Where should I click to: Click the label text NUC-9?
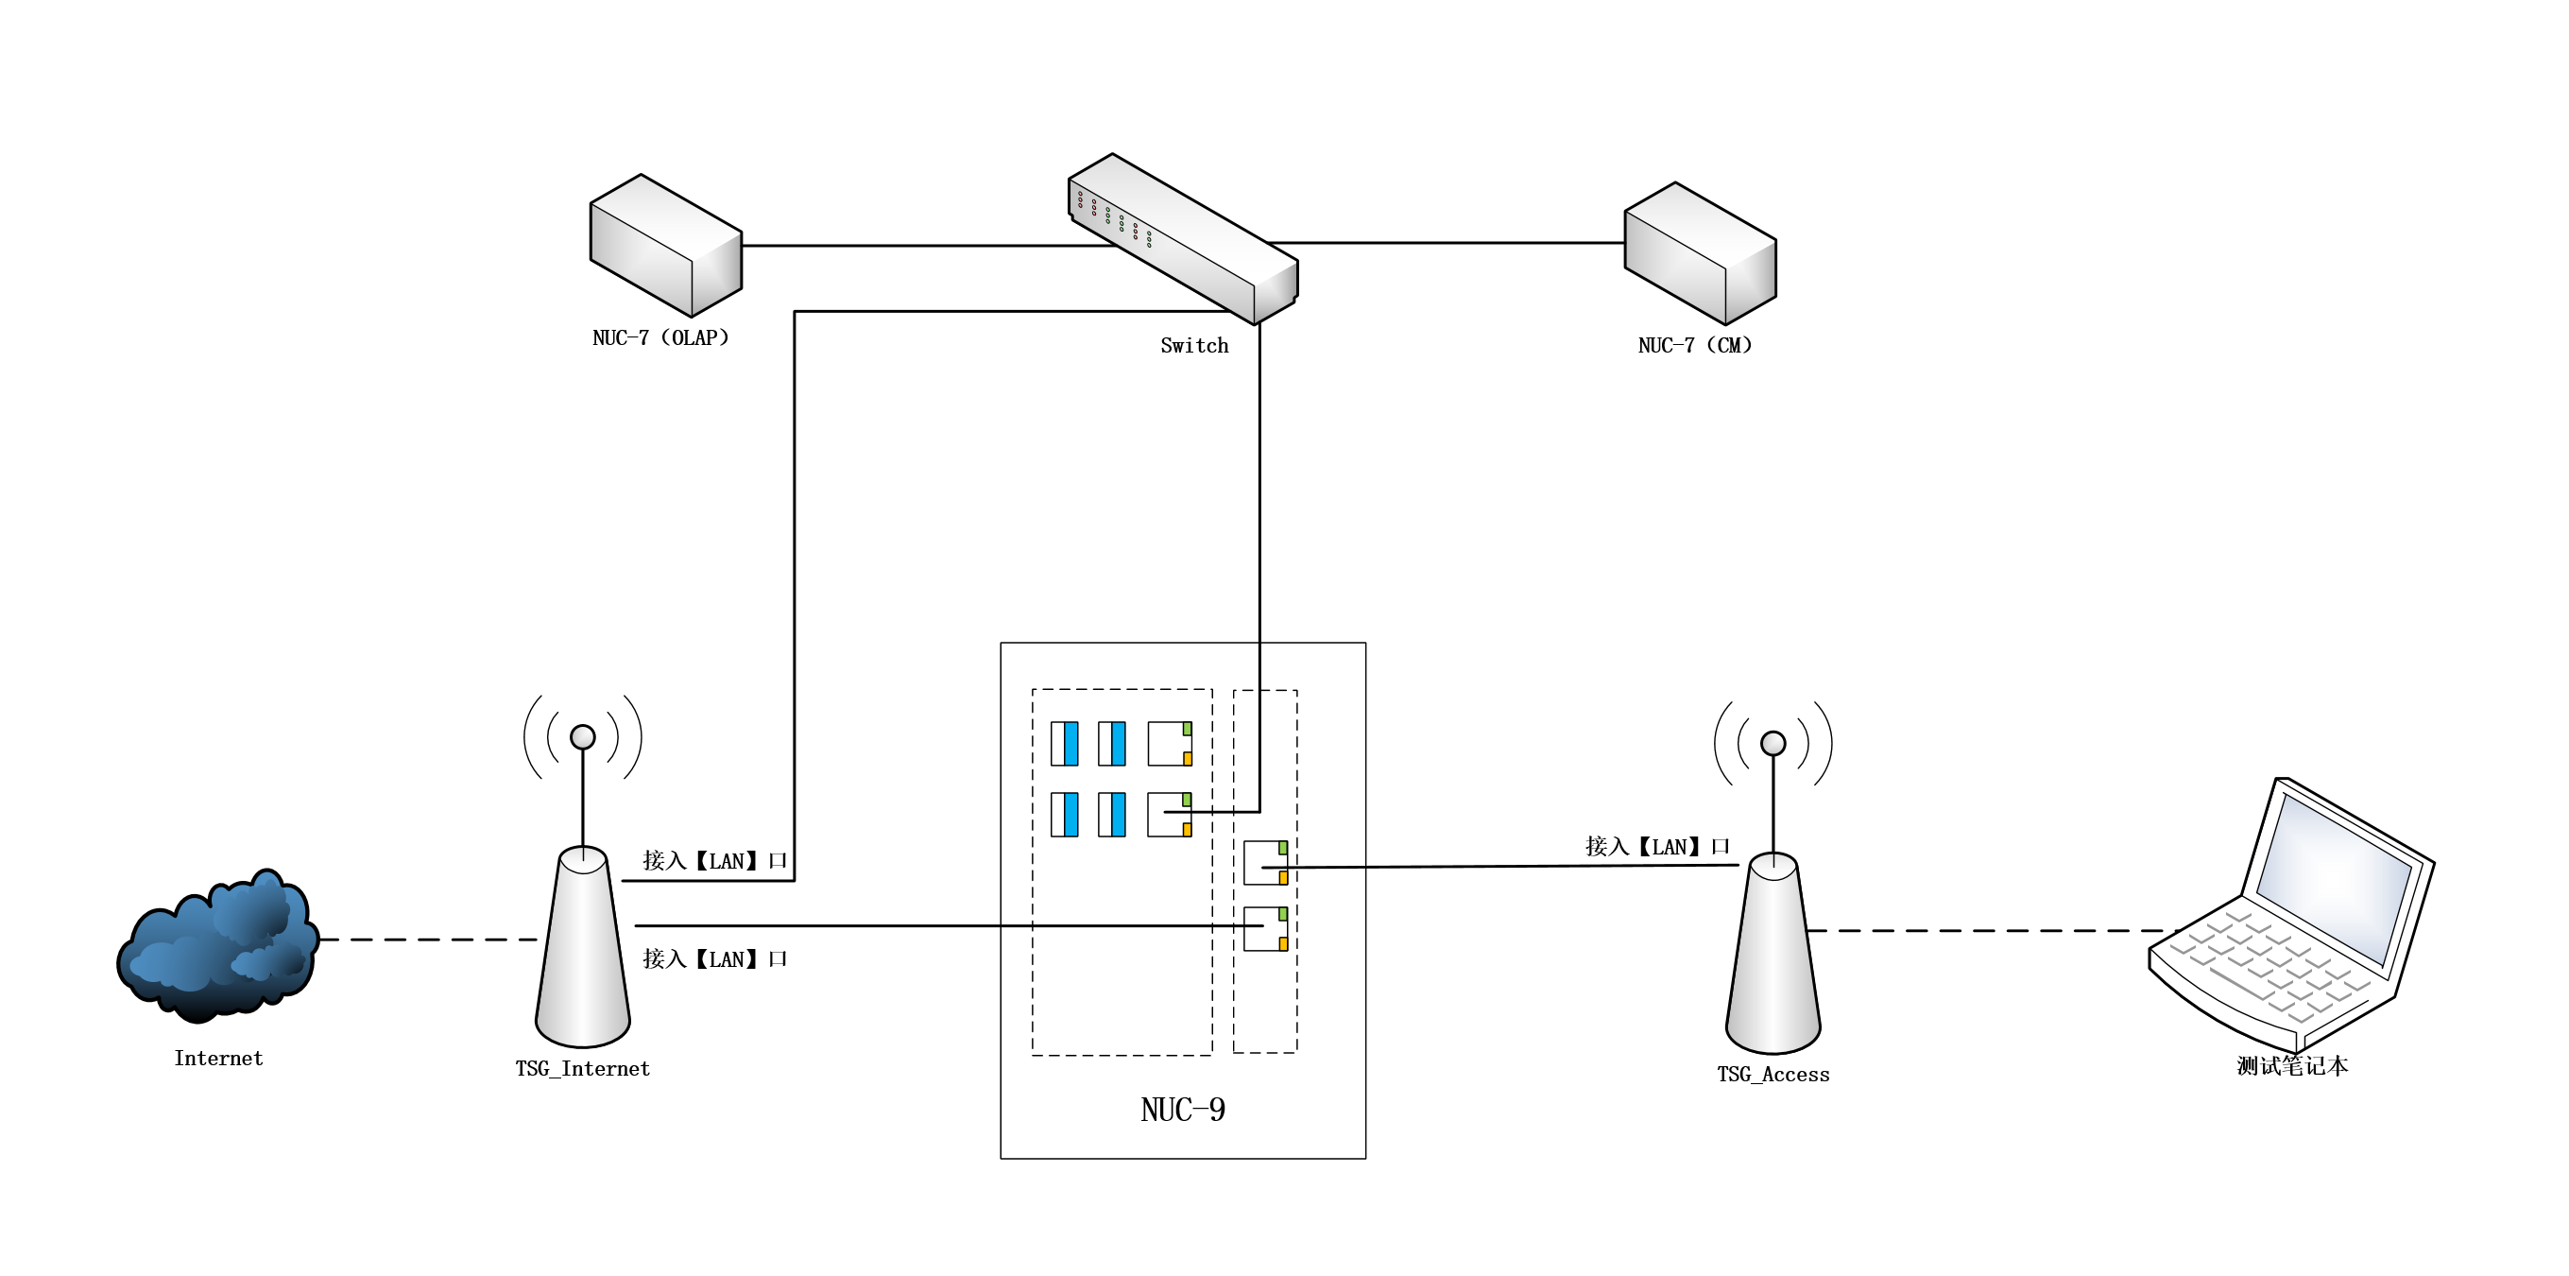(1183, 1110)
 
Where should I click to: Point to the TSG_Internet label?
(582, 1068)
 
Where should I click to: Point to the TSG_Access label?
(1773, 1075)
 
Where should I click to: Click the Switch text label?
(1193, 345)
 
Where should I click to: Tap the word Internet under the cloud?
(218, 1058)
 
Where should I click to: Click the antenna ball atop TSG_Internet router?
(582, 737)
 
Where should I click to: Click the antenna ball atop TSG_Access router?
(1773, 743)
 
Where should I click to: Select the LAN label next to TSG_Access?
(1656, 847)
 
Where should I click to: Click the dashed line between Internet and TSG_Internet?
(429, 940)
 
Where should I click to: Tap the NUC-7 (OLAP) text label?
(660, 337)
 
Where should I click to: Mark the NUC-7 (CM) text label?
(1694, 345)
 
